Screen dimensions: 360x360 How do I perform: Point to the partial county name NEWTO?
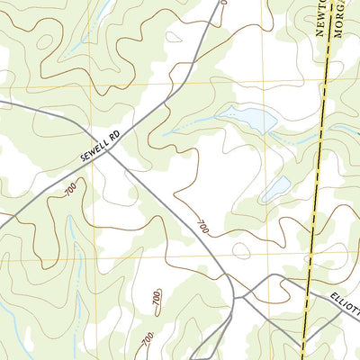click(321, 17)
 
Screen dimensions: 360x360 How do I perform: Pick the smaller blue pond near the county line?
click(275, 187)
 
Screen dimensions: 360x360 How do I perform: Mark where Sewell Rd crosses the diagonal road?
click(110, 150)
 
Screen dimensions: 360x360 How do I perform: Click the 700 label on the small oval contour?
click(154, 297)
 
